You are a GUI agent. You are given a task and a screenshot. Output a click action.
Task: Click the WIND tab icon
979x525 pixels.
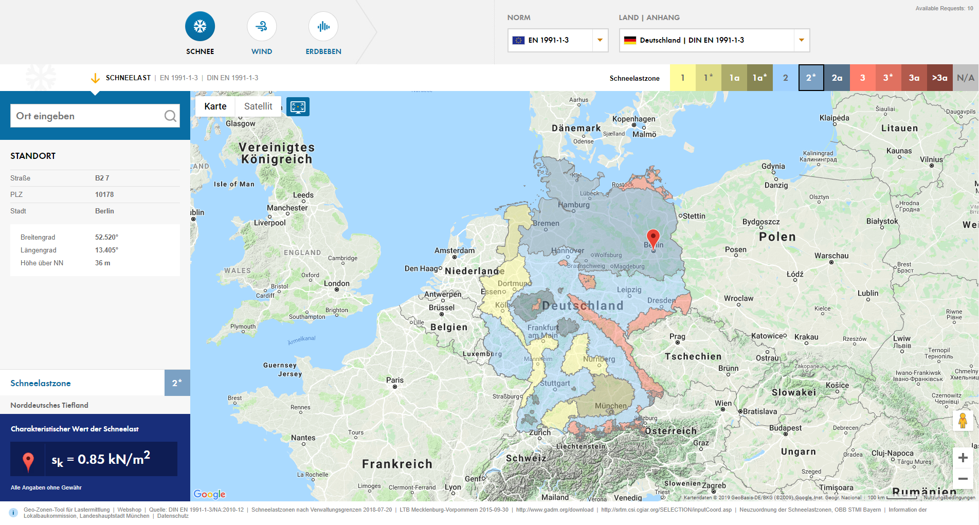pos(262,27)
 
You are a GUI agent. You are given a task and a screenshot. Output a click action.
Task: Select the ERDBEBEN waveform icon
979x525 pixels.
pos(323,27)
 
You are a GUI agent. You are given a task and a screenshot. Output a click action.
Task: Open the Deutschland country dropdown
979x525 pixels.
pos(714,40)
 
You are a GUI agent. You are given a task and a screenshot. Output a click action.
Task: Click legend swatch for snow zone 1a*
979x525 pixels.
pos(760,78)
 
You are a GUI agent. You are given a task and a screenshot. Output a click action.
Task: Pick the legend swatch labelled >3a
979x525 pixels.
pos(940,78)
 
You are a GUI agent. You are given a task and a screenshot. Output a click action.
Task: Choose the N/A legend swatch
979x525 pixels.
pos(966,78)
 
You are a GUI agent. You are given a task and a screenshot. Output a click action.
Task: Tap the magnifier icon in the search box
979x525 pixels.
pos(170,116)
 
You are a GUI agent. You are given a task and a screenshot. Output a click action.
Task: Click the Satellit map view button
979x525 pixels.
pos(258,106)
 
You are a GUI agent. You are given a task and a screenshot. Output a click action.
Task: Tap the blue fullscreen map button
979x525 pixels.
pos(298,107)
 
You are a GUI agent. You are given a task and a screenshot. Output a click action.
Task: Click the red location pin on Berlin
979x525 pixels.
pos(653,238)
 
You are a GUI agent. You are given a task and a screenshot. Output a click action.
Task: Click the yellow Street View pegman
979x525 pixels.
pos(963,420)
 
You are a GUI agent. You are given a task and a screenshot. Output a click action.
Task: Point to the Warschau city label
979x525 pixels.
pos(831,256)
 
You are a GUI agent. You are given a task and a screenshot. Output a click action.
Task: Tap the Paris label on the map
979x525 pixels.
pos(395,380)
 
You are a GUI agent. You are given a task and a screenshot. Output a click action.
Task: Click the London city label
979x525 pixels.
pos(337,283)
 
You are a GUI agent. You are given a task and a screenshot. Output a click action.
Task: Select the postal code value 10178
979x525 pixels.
pos(104,194)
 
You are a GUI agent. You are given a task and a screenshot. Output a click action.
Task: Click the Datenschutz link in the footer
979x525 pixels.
pos(173,516)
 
